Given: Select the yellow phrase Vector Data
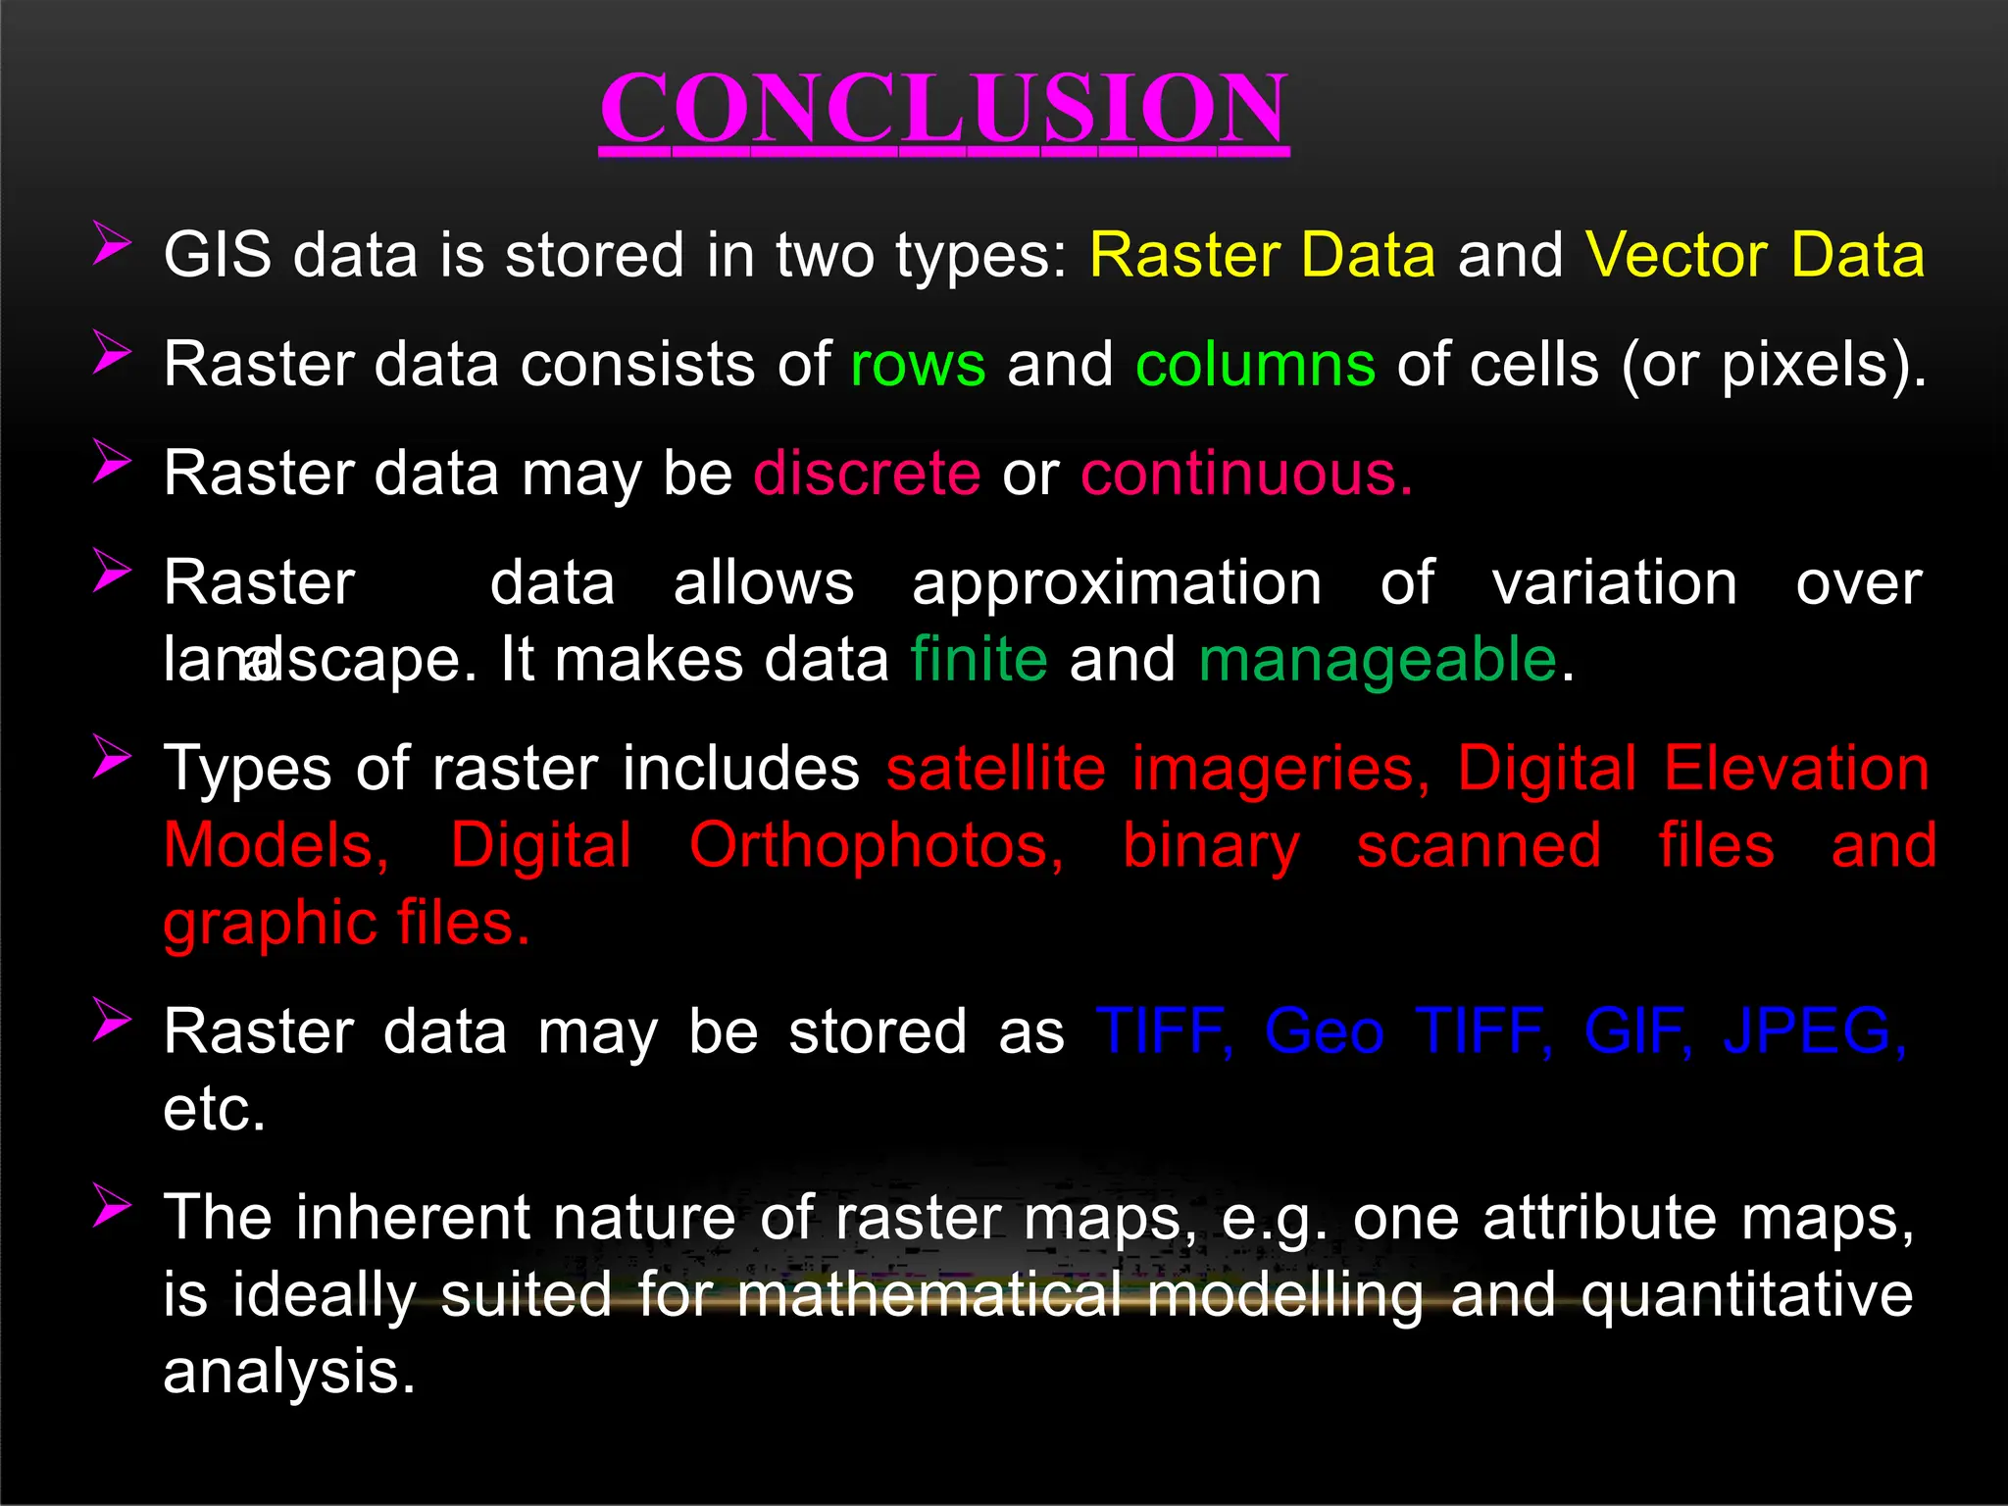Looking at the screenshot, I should [1754, 255].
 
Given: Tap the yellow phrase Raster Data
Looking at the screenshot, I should [1262, 255].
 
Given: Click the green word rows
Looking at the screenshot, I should [918, 365].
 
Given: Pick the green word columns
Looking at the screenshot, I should [1255, 365].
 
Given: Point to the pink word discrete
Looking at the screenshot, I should [867, 474].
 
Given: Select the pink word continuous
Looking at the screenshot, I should [1245, 474].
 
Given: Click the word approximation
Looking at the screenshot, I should [1117, 584].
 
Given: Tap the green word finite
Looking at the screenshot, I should [979, 659].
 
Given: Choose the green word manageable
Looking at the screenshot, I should [1378, 661].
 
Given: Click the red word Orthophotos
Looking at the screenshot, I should [876, 846].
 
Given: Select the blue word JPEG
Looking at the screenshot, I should [1814, 1031].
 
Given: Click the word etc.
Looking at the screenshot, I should [214, 1111].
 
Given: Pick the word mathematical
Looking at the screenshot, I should [929, 1295].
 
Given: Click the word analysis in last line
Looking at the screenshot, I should [289, 1373].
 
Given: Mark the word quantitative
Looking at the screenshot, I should [1746, 1296].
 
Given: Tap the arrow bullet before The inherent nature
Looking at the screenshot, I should [112, 1205].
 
